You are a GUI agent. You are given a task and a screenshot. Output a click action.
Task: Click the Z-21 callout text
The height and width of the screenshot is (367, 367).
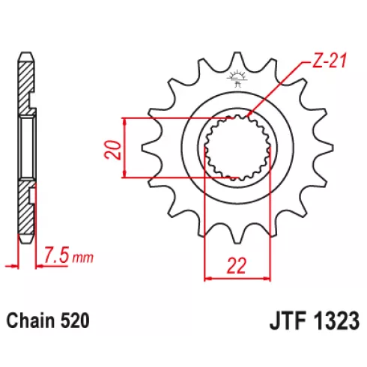tap(330, 61)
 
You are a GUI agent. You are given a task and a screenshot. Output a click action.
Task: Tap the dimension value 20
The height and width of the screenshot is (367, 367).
tap(112, 150)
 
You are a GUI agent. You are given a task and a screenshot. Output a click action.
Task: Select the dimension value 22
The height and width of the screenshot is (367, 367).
tap(237, 265)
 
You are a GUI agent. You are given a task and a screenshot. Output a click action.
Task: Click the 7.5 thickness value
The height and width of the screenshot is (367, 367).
tap(56, 255)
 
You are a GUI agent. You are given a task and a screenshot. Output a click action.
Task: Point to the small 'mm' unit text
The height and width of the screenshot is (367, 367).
tap(82, 258)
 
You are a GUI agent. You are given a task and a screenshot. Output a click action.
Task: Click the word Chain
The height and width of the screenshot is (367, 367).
tap(31, 321)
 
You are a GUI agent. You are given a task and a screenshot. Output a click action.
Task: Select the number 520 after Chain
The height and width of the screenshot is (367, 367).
tap(75, 321)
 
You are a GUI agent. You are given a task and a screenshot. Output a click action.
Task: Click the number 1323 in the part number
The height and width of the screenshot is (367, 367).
tap(336, 321)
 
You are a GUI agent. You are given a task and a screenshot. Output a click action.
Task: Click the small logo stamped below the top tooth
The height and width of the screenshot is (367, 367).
tap(237, 79)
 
